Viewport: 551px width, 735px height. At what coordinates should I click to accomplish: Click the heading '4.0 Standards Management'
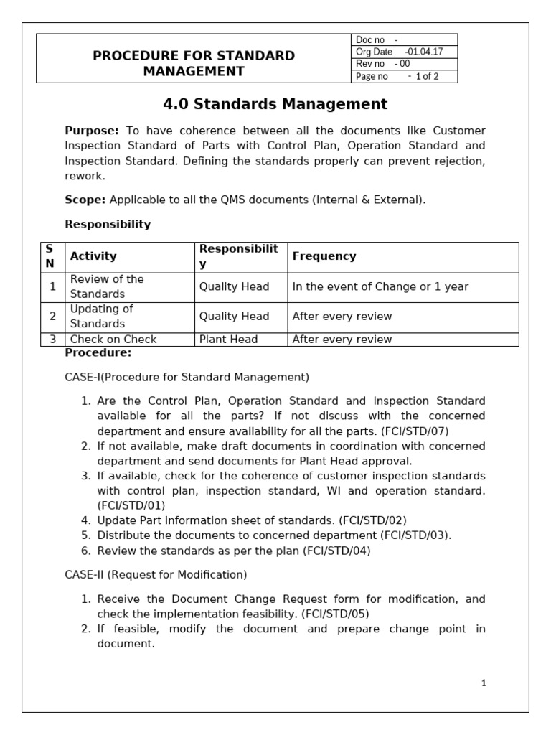275,104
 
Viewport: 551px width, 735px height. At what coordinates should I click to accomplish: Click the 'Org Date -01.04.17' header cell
404,52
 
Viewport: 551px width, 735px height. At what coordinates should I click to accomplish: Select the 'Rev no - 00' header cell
404,64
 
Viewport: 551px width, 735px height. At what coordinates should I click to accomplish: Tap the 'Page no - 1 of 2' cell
404,76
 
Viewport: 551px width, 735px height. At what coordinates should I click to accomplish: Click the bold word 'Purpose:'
92,131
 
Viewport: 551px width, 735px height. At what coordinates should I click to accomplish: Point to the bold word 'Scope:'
85,200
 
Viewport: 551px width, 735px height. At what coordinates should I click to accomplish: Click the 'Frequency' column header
324,256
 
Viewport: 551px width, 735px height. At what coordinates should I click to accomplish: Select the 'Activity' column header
93,256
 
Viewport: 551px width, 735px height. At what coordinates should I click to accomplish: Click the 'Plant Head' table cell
228,340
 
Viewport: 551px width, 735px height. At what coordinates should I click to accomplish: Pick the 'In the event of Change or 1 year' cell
380,286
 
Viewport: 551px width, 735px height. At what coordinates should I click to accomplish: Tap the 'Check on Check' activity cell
113,340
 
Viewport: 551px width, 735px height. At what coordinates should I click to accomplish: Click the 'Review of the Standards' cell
106,286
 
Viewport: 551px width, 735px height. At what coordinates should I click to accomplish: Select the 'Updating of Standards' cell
101,317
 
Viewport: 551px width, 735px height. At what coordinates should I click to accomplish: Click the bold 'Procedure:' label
98,352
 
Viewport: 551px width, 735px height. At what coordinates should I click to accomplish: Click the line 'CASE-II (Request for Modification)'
156,574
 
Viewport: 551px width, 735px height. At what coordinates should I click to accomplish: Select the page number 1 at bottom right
484,683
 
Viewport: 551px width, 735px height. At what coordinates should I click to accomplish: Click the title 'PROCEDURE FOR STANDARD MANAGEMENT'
194,63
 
